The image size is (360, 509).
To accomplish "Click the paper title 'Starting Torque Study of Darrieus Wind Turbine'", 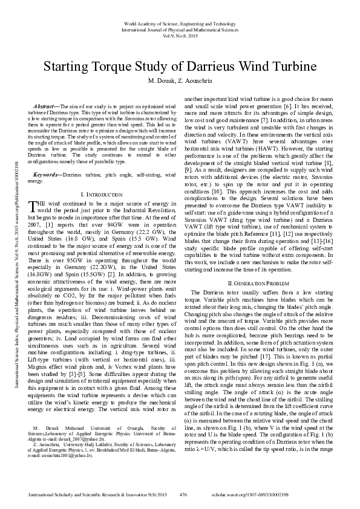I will pos(180,65).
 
